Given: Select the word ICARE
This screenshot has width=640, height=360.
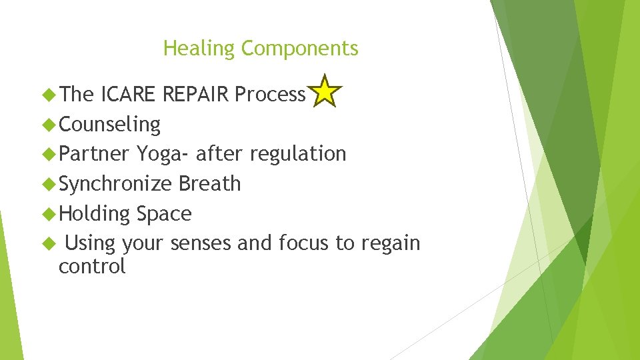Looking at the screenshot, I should tap(129, 95).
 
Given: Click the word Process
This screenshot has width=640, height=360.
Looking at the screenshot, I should tap(270, 95).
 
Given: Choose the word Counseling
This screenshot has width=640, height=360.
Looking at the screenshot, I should tap(109, 125).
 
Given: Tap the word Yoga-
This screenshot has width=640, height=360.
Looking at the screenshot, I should tap(163, 154).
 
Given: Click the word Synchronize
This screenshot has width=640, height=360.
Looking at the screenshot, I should tap(115, 184).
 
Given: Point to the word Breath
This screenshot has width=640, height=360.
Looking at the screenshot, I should tap(209, 184).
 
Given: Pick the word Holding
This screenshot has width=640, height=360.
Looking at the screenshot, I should tap(94, 214).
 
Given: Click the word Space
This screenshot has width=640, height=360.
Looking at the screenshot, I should tap(164, 214).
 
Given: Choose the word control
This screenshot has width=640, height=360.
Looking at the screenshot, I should tap(92, 267).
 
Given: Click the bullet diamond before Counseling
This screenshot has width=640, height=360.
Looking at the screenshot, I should tap(49, 125).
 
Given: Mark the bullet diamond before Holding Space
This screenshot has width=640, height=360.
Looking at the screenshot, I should tap(49, 214).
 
